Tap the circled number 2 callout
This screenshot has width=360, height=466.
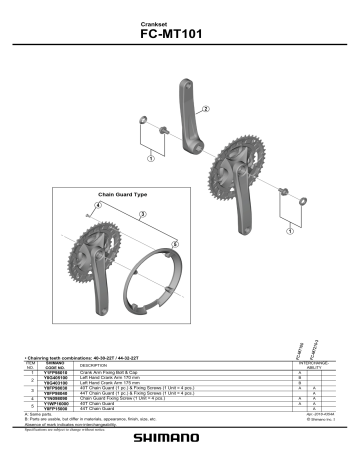(206, 109)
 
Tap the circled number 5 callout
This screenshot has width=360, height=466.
(175, 242)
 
